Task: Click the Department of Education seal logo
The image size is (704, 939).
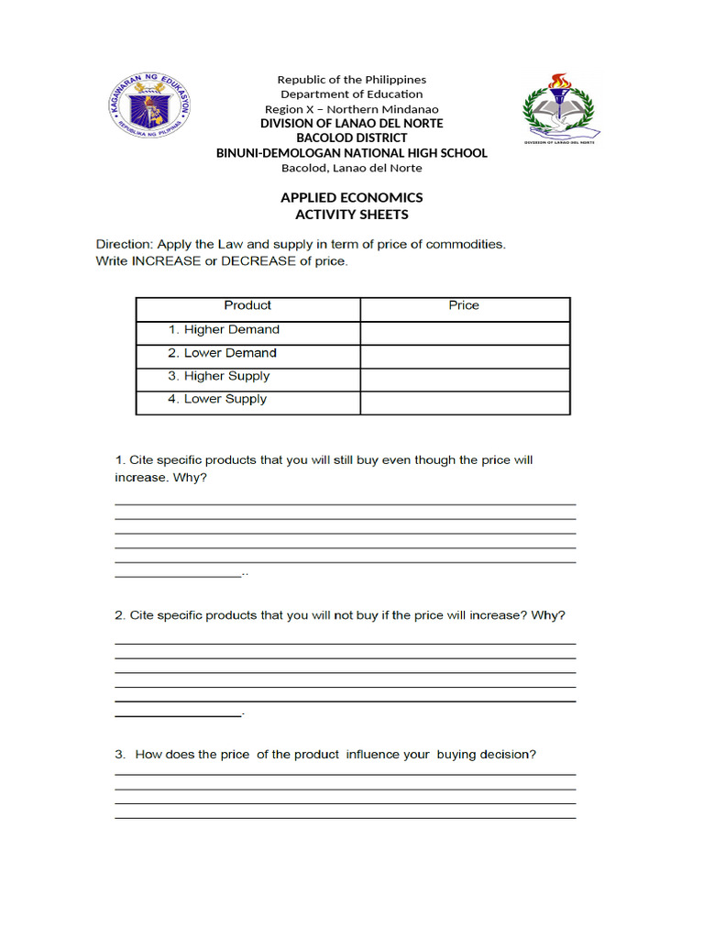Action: (147, 108)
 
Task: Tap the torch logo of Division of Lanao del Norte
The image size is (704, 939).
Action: (559, 109)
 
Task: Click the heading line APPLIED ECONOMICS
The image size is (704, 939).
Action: (352, 198)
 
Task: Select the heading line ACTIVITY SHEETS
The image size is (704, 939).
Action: (352, 215)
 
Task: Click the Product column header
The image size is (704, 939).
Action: (247, 305)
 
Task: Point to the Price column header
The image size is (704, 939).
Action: (464, 305)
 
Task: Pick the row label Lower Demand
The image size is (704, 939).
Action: (230, 353)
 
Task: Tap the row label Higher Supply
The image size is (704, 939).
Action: (226, 376)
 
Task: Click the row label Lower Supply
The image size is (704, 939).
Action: (225, 399)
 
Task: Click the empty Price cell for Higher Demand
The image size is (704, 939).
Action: (465, 332)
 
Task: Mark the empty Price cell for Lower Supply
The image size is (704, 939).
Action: (465, 403)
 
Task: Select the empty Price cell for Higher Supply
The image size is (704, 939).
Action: (465, 380)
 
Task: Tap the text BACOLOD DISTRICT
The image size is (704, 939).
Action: (352, 138)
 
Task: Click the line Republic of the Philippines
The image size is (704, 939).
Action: (352, 80)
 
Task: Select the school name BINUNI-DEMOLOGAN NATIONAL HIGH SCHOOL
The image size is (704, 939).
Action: (352, 153)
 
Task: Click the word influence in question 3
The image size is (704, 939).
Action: (373, 755)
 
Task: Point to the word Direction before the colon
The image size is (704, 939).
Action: (124, 245)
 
